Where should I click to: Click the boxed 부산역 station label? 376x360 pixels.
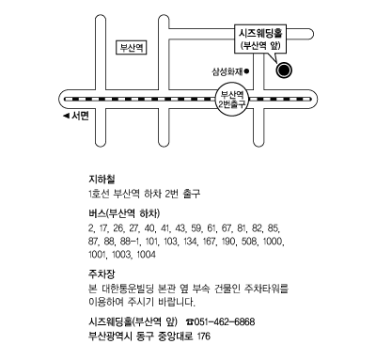[132, 48]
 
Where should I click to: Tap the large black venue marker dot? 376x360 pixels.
[284, 70]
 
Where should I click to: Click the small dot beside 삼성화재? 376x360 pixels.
[246, 71]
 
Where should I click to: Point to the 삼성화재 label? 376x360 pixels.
[227, 71]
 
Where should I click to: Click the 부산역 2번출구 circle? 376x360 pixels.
[232, 99]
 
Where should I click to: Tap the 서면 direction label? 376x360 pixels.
[81, 116]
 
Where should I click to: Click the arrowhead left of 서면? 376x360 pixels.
[66, 117]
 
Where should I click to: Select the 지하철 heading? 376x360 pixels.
[102, 180]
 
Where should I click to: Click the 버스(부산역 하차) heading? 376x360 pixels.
[124, 213]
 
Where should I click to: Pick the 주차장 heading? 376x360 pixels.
[102, 274]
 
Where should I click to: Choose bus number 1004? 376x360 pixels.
[146, 255]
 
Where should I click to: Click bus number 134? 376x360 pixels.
[189, 242]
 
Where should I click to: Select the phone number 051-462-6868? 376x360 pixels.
[225, 321]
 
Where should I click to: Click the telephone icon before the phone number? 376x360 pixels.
[190, 321]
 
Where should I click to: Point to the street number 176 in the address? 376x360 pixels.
[204, 337]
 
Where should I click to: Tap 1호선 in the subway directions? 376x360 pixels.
[99, 194]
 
